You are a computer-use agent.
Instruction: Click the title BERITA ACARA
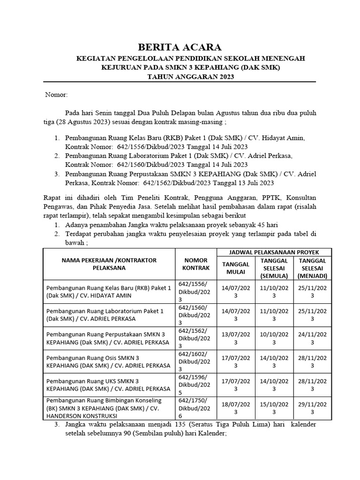(179, 47)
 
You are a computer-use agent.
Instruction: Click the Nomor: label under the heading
(56, 95)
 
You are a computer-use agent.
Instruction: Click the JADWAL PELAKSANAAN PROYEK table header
(274, 252)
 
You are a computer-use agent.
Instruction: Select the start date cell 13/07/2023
(235, 338)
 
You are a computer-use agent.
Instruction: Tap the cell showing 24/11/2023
(312, 338)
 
